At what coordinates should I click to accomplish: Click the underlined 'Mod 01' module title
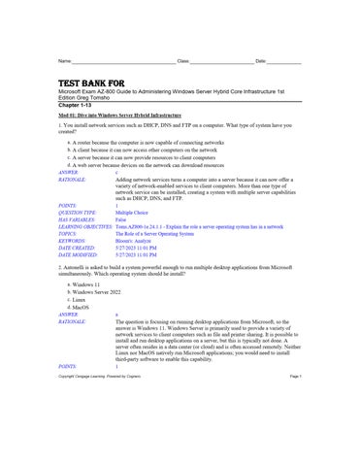[x=107, y=115]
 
